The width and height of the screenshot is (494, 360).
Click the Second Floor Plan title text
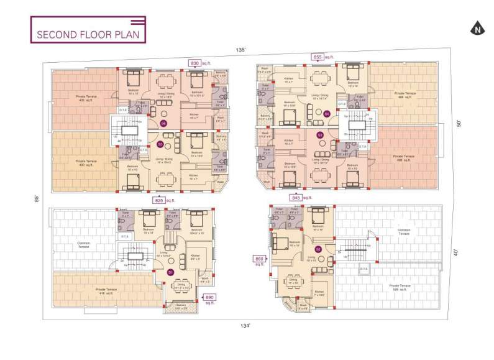[x=88, y=34]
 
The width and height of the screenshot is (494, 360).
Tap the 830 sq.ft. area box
[x=194, y=63]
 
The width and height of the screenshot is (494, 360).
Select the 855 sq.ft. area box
[x=318, y=57]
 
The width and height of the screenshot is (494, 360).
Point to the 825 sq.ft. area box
[x=159, y=200]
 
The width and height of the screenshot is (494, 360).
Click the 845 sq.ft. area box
[x=296, y=198]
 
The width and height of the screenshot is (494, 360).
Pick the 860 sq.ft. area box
[x=258, y=259]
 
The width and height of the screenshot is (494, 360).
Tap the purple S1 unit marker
[x=171, y=272]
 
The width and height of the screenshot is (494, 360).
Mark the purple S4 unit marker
[x=327, y=114]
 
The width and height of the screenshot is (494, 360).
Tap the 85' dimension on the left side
[x=37, y=198]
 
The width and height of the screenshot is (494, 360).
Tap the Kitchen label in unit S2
[x=319, y=292]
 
